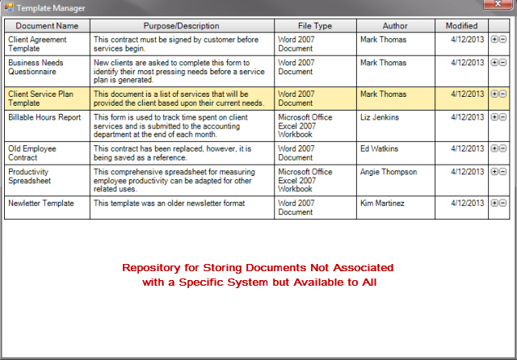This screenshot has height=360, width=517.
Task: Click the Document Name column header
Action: point(47,26)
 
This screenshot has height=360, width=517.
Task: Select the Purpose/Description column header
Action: point(181,26)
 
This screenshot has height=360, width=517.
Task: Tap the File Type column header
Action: point(315,26)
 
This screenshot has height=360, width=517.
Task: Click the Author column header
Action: point(395,26)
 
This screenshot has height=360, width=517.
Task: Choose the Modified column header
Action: point(461,26)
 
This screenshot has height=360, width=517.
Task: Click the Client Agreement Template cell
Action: point(46,43)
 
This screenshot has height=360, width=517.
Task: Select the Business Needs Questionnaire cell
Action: point(46,68)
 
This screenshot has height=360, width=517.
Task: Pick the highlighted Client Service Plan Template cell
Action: point(46,98)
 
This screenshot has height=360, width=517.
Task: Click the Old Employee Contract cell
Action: point(46,153)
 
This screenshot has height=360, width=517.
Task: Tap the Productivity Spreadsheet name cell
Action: point(46,177)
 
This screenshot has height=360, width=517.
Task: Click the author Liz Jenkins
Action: point(380,117)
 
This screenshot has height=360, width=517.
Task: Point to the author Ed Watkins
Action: point(379,149)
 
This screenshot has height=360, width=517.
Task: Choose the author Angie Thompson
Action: point(389,172)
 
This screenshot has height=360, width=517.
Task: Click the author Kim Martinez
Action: point(383,203)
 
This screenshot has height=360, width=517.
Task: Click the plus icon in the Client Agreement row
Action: point(494,39)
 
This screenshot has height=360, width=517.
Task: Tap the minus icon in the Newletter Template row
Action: point(503,204)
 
